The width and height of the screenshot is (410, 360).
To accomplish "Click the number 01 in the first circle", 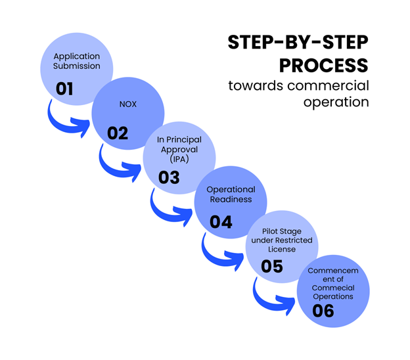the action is (x=64, y=89).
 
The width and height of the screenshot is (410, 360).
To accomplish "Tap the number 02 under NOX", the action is (x=118, y=133).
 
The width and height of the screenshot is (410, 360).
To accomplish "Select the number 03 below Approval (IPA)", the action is (x=169, y=178).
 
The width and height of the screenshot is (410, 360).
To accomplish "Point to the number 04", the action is (x=221, y=222).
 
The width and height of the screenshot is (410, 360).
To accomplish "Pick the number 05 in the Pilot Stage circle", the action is (x=272, y=267).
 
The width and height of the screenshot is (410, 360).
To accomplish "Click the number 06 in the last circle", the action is (x=323, y=311).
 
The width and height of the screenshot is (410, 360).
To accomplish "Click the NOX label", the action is (x=128, y=104).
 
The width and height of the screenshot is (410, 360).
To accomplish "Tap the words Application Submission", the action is (x=77, y=61).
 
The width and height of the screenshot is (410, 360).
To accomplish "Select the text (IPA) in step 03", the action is (x=179, y=159).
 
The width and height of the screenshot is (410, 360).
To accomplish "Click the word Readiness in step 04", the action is (x=231, y=200).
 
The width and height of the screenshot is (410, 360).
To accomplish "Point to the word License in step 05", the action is (x=282, y=250).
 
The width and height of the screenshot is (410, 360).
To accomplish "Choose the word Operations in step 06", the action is (x=333, y=297).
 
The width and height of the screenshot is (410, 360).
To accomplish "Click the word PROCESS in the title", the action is (x=324, y=65).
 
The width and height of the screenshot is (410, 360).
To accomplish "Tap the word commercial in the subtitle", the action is (x=328, y=86).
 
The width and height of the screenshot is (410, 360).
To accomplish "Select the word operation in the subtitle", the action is (x=336, y=102).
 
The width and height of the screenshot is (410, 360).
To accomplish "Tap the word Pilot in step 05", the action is (x=269, y=231).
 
